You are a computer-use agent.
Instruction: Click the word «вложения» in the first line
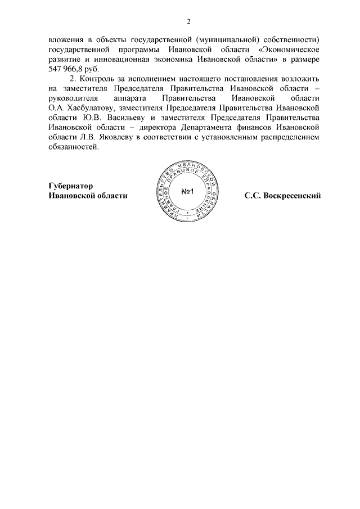(64, 40)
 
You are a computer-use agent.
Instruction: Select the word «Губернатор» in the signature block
(70, 186)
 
